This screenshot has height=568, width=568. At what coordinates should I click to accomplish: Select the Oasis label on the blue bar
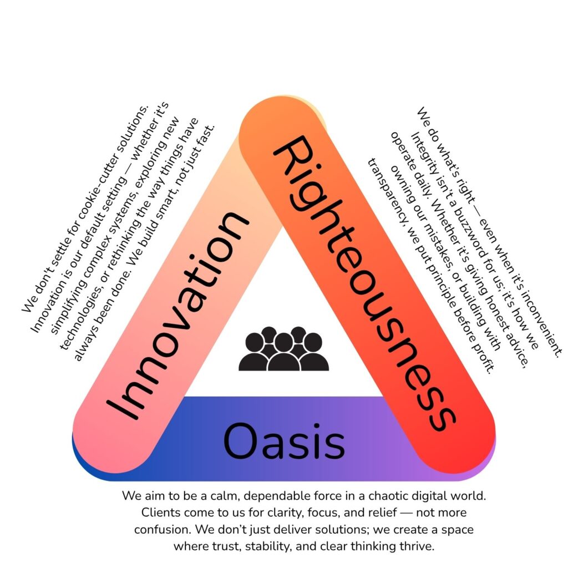coord(284,441)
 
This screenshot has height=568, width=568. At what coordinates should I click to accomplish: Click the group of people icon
coord(283,349)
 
